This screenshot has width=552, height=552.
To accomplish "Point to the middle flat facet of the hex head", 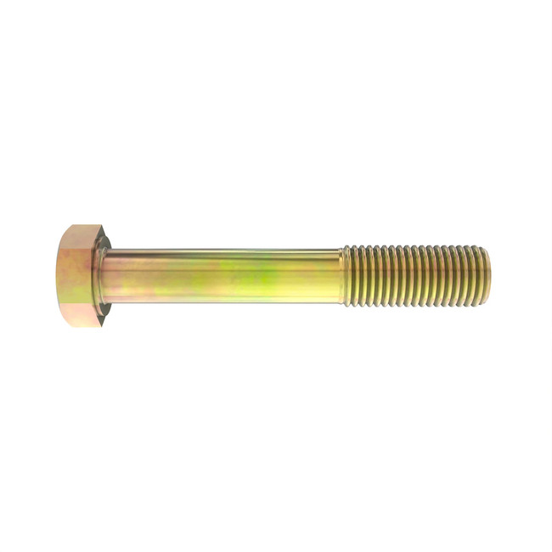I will click(x=78, y=276).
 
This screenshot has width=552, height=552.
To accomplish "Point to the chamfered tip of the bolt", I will click(x=485, y=276).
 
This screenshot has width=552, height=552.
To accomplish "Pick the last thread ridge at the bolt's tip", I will click(x=480, y=276).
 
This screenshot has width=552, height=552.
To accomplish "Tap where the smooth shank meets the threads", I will click(x=341, y=276).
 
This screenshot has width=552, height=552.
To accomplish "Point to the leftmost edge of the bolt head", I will click(x=59, y=276).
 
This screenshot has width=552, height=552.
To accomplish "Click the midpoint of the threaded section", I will click(x=414, y=276).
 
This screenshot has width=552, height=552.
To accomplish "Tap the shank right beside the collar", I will click(x=119, y=276).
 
